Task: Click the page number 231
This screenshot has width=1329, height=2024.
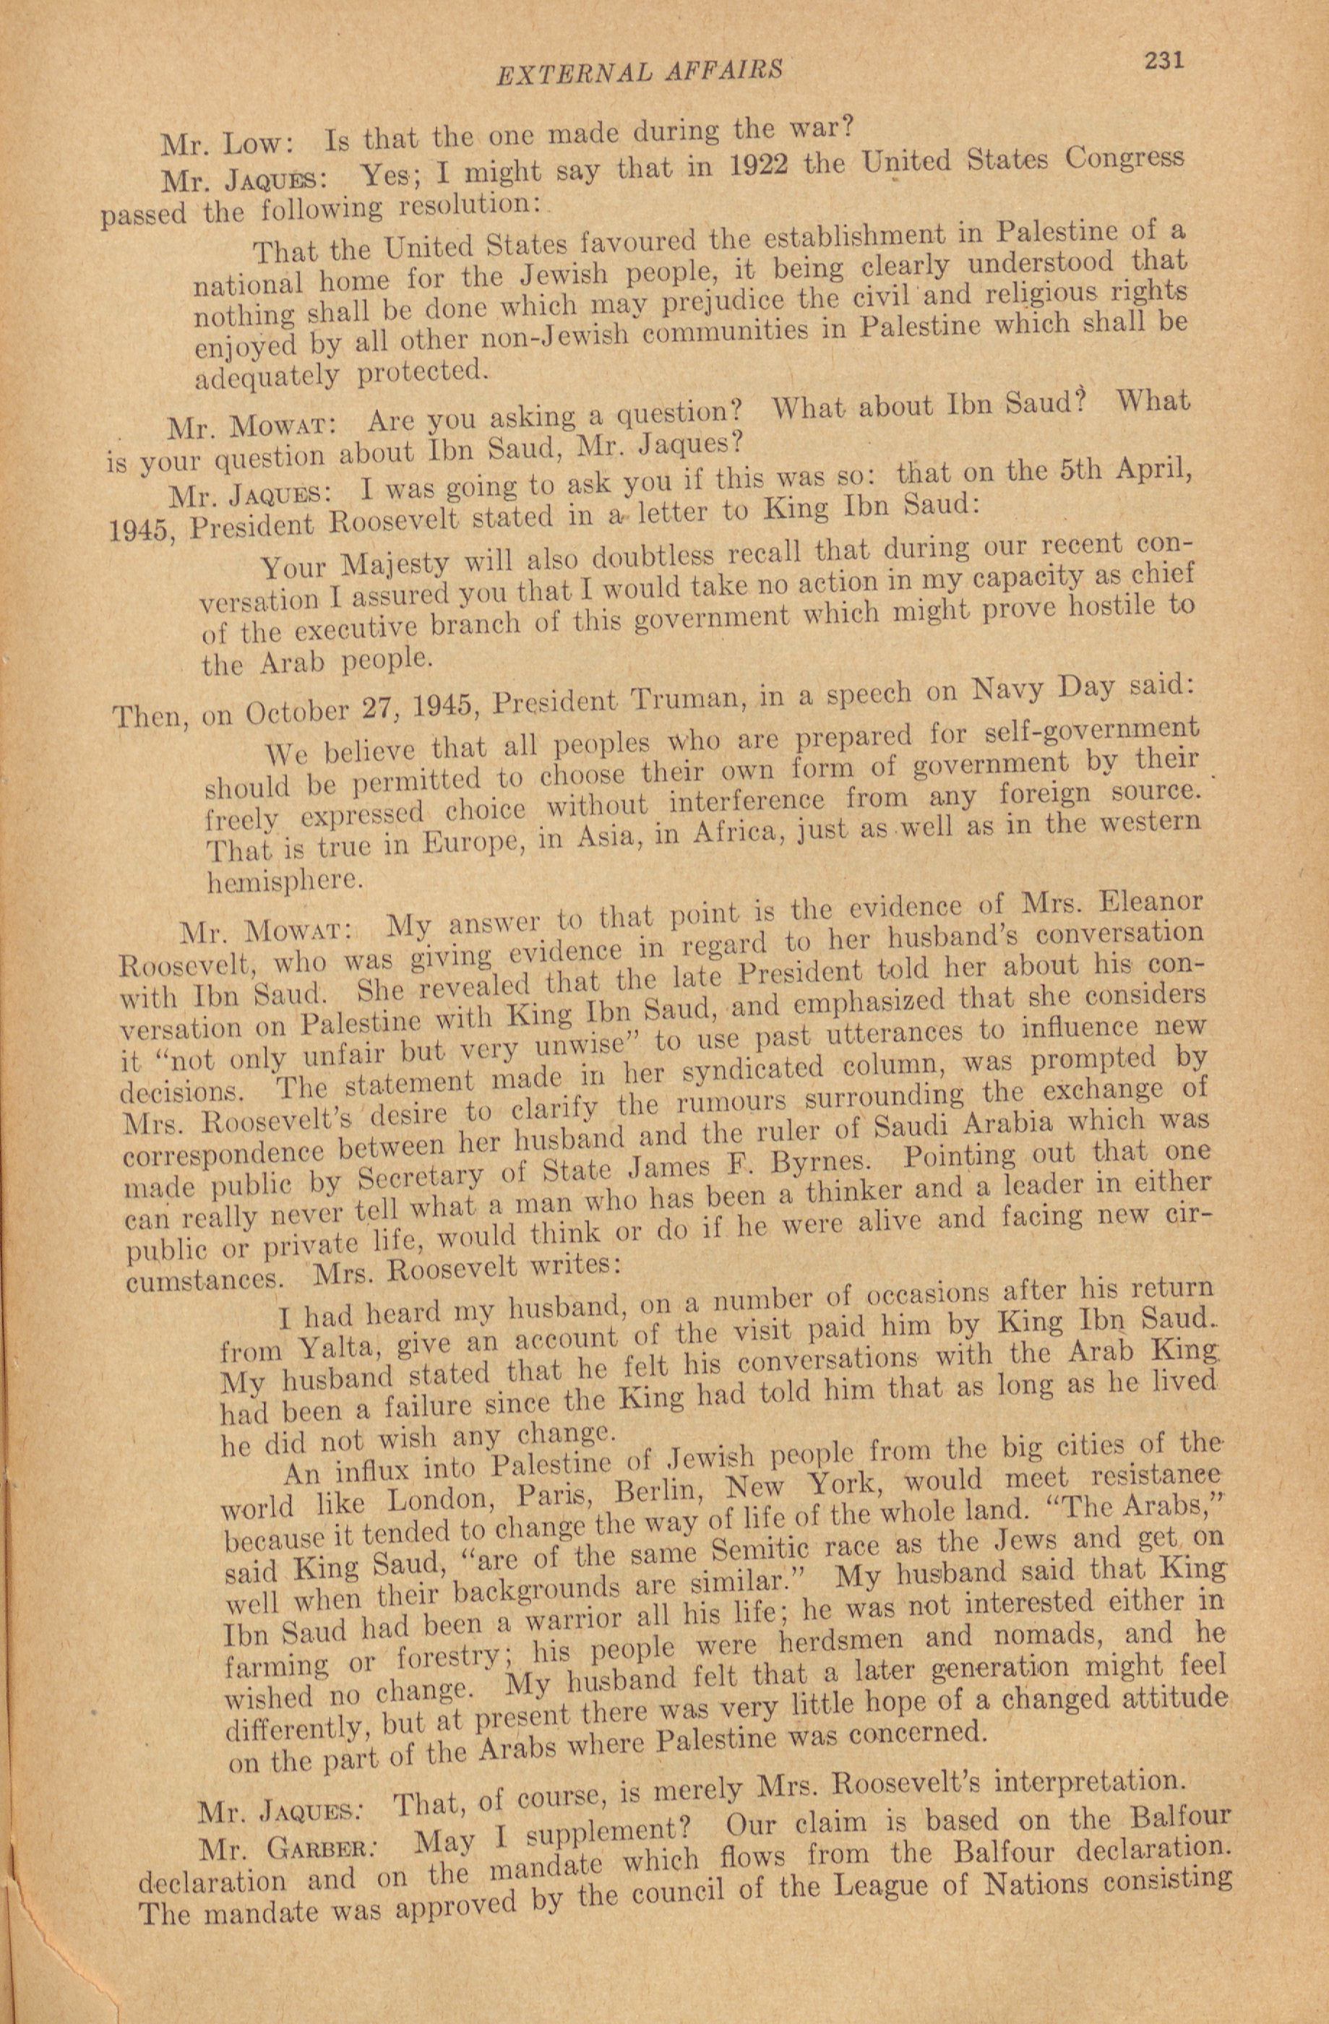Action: click(1164, 61)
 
